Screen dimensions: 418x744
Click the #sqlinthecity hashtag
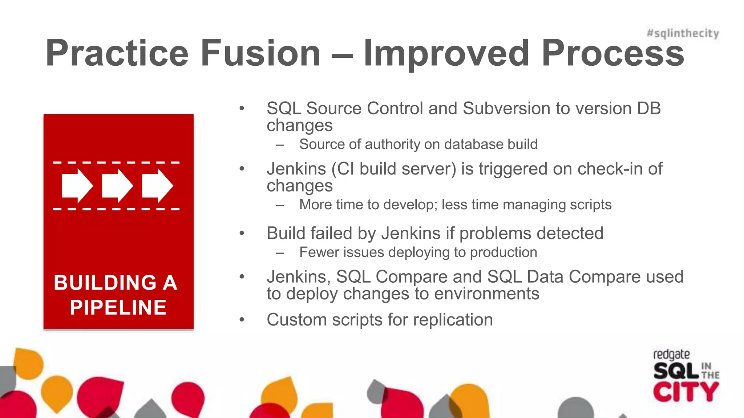(x=683, y=33)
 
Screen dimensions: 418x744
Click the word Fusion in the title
(x=260, y=53)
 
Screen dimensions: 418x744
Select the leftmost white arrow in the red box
(x=77, y=186)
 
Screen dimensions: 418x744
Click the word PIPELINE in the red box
(x=118, y=307)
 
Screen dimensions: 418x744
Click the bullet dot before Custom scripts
(x=242, y=320)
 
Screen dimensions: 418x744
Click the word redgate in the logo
(x=671, y=355)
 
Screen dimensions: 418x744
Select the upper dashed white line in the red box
(x=116, y=163)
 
